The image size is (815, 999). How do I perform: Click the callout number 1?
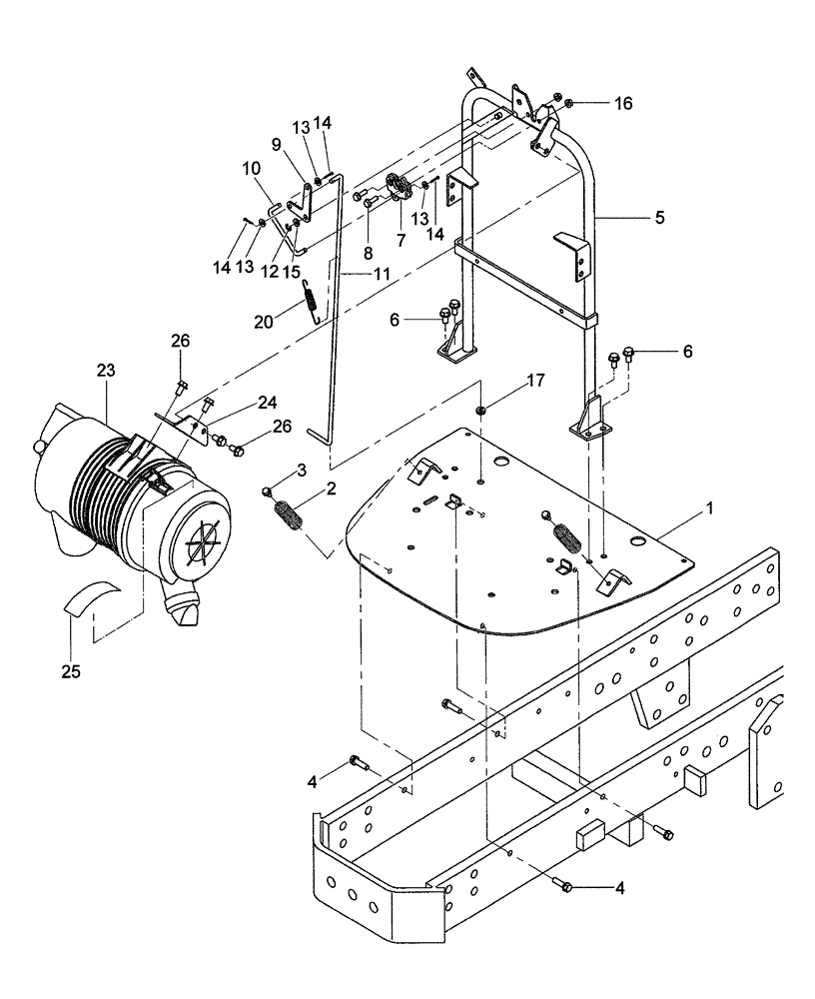[709, 508]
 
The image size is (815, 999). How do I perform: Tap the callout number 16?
[623, 103]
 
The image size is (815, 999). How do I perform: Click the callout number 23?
[107, 370]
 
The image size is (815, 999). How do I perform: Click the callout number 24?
[239, 403]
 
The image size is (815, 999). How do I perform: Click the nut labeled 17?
[481, 410]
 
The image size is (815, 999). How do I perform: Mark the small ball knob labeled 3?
[268, 489]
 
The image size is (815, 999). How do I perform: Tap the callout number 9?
[276, 143]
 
